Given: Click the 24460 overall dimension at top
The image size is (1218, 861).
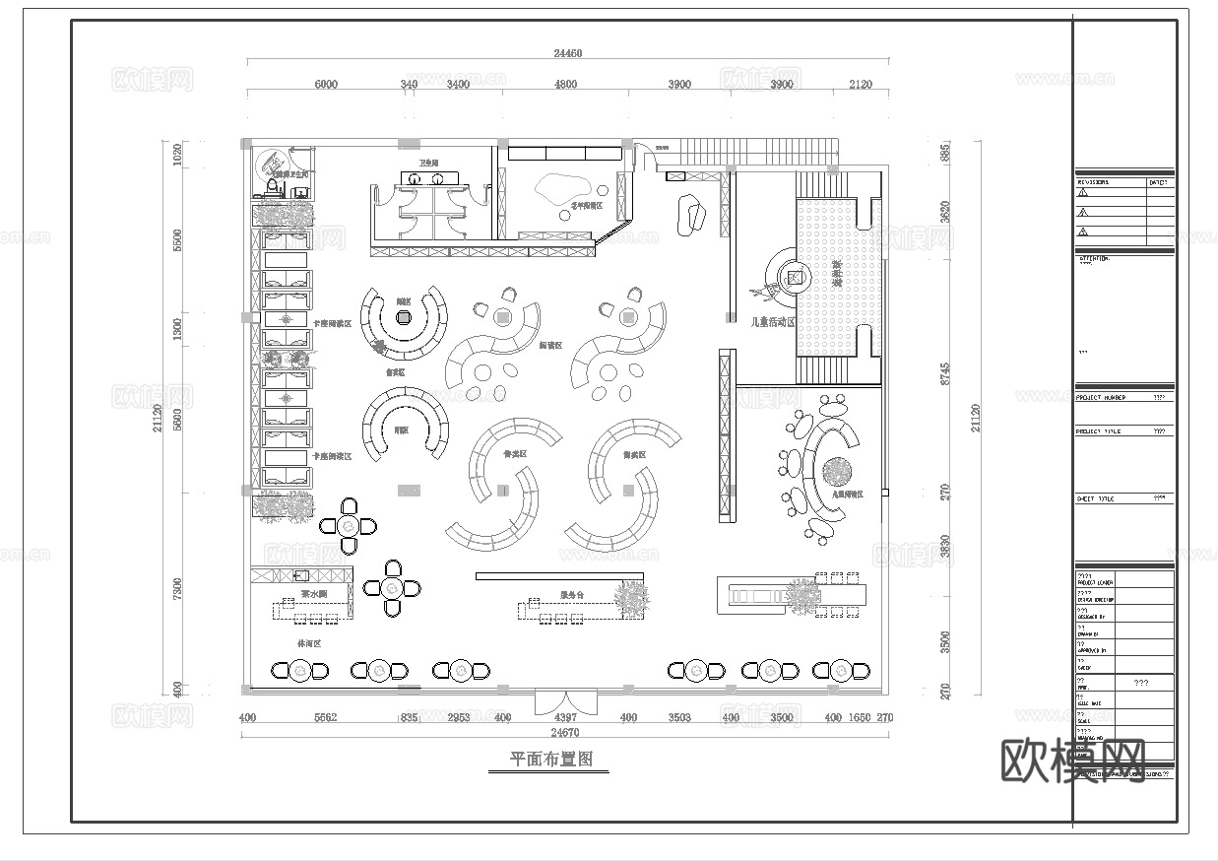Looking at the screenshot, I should (568, 54).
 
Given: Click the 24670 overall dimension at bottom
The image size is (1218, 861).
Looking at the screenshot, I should (564, 733).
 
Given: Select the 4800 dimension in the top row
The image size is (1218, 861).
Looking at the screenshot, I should (565, 85).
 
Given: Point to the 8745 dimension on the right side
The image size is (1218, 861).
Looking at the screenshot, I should (945, 374).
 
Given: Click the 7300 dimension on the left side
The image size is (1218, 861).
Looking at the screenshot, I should (178, 588).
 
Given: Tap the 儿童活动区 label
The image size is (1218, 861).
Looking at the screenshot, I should (772, 322).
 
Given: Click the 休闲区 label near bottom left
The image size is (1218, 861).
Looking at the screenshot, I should (309, 642).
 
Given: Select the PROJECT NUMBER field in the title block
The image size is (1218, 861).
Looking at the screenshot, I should (1100, 398).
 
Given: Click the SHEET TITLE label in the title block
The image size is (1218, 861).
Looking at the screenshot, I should (1094, 499).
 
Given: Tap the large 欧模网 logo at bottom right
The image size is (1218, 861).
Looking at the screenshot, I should (1074, 761).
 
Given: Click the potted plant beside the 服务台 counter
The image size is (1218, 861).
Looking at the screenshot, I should (630, 597).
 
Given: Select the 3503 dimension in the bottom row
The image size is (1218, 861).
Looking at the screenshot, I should (679, 718).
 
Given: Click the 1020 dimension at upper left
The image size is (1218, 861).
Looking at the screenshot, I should (178, 154).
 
